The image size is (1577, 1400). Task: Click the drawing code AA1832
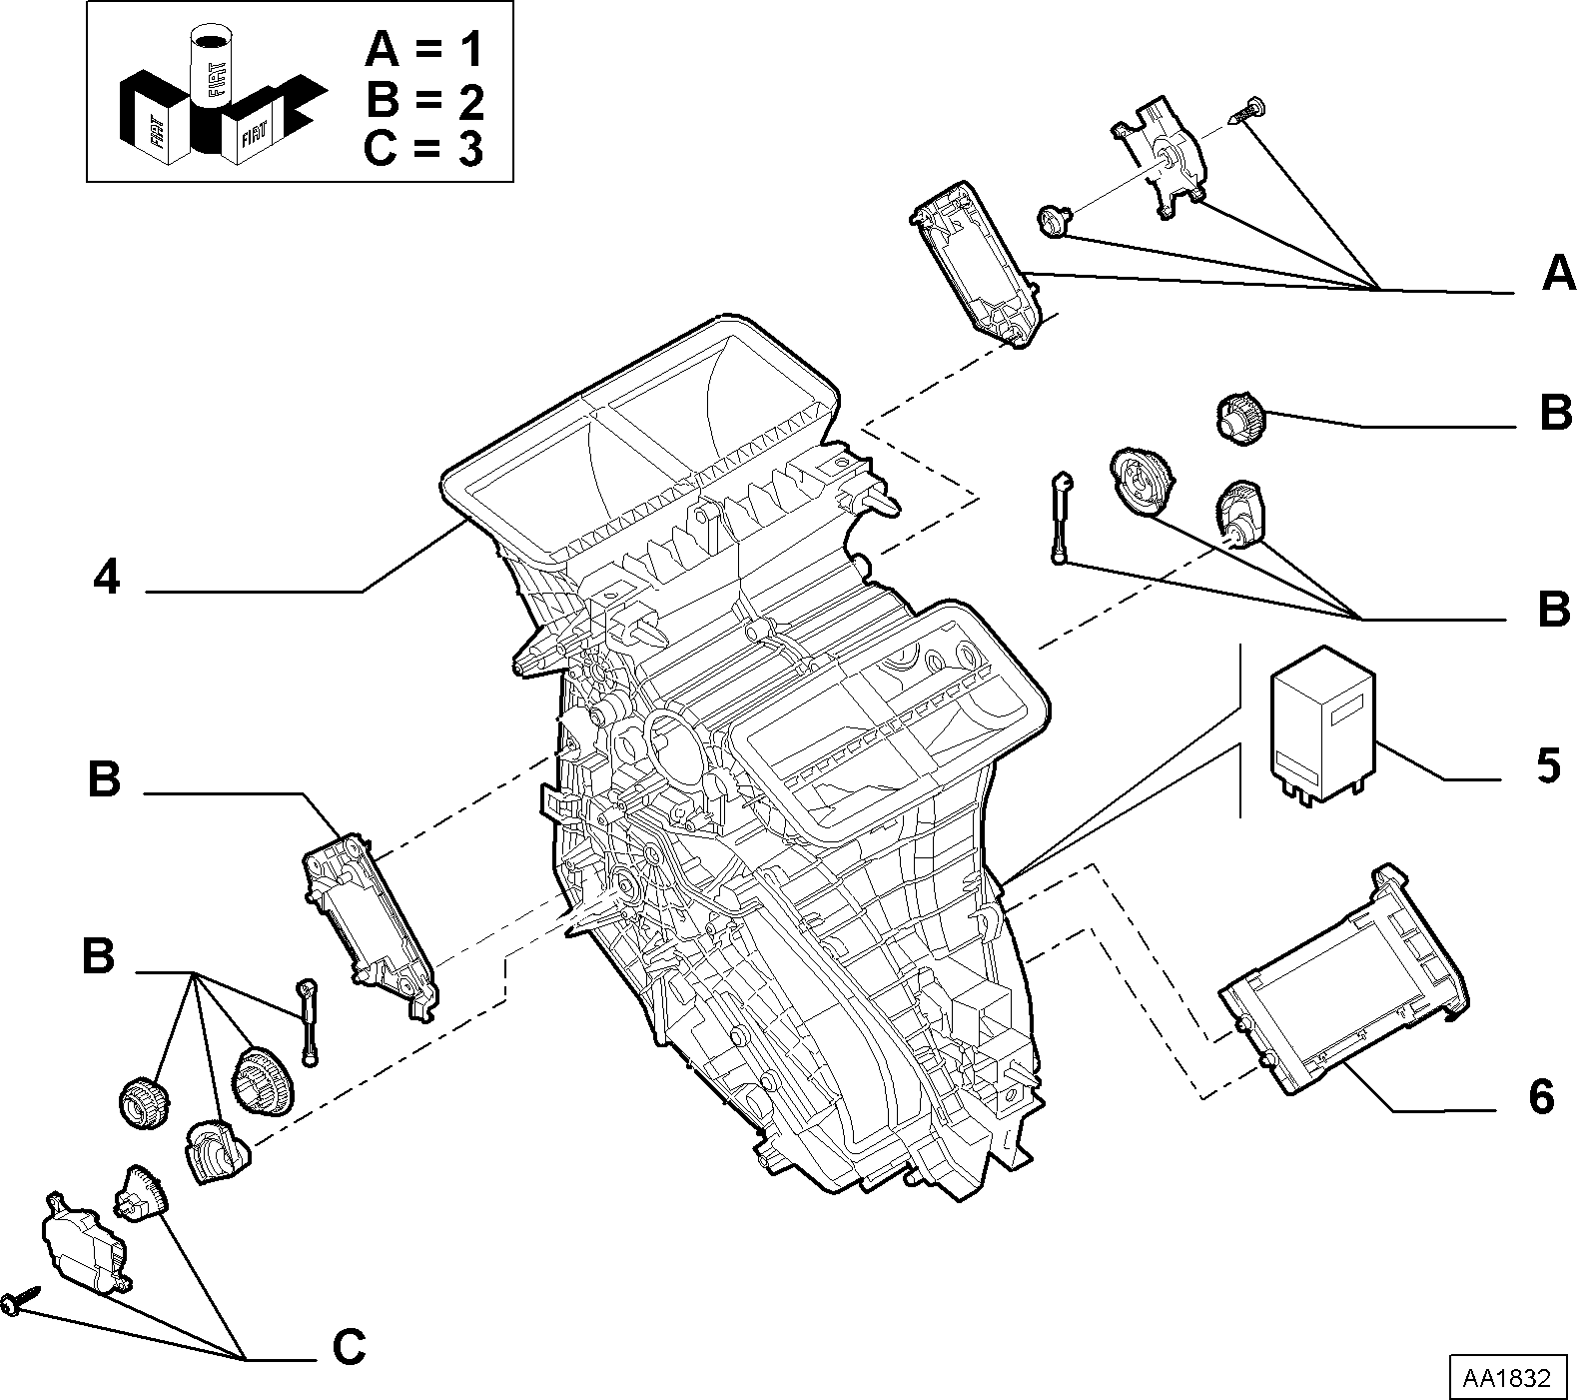point(1507,1378)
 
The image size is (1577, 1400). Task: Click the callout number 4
point(107,577)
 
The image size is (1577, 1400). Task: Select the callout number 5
point(1547,765)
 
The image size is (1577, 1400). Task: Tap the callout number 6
point(1541,1096)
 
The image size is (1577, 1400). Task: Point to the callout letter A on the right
point(1558,272)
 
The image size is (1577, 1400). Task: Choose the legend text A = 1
point(425,49)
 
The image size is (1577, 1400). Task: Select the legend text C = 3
point(424,149)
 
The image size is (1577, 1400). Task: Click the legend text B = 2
point(425,99)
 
